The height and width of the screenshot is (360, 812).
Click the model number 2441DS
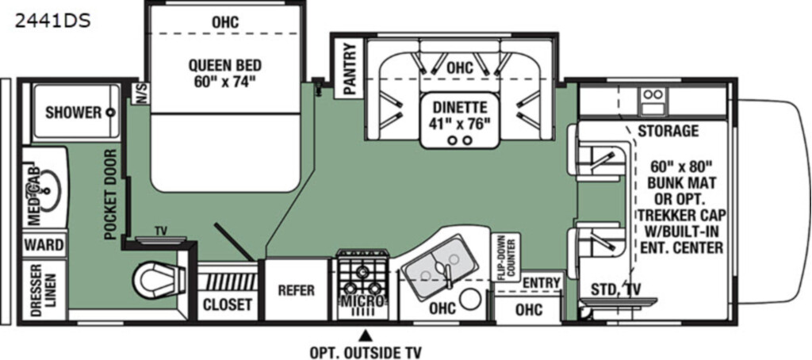[x=53, y=21]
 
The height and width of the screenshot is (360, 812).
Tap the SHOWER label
[x=72, y=113]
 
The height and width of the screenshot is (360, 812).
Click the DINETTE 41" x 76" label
[x=461, y=116]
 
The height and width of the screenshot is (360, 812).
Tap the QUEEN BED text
[x=224, y=66]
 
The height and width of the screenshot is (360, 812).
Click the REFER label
[x=297, y=290]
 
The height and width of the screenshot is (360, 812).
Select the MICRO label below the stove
[x=362, y=301]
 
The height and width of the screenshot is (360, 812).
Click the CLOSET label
[x=228, y=305]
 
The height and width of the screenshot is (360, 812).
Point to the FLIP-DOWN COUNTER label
[x=505, y=258]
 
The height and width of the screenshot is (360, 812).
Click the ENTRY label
[x=541, y=283]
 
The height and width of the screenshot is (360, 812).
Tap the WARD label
[x=44, y=245]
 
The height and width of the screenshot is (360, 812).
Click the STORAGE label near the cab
[x=668, y=131]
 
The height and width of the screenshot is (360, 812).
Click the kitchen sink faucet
[x=446, y=274]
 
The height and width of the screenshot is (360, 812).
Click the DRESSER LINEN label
[x=44, y=289]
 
